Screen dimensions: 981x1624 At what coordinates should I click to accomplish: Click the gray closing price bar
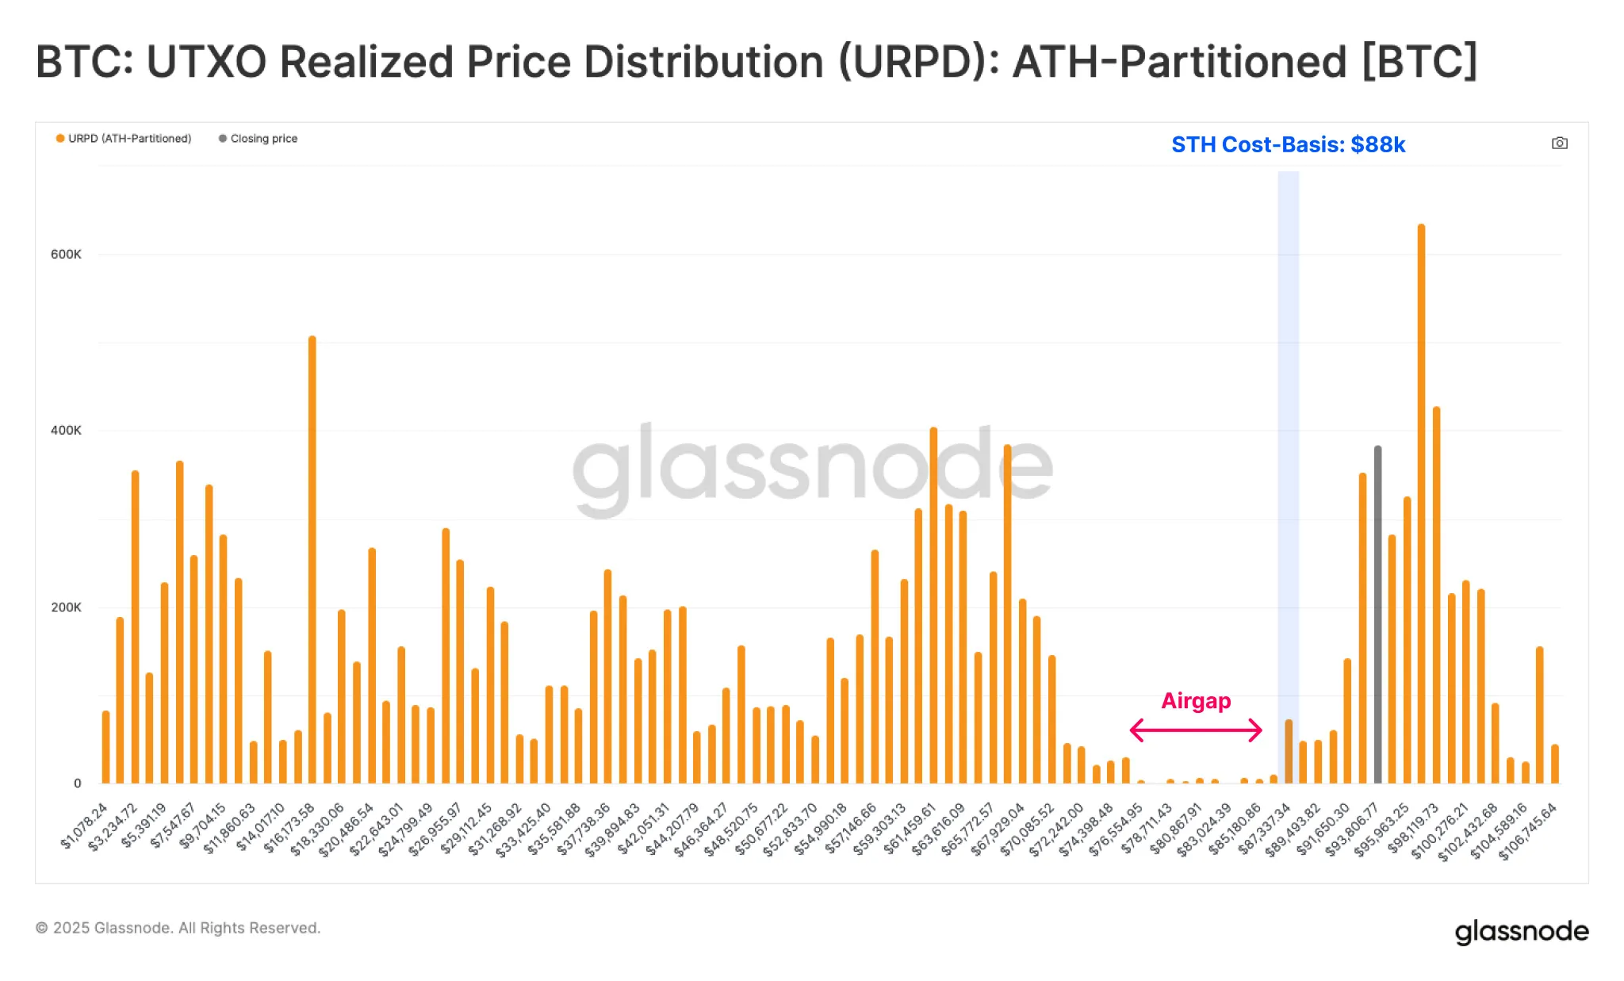[x=1377, y=615]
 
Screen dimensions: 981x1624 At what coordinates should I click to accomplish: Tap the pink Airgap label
[x=1196, y=701]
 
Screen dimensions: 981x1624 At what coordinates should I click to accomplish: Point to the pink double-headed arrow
[x=1196, y=730]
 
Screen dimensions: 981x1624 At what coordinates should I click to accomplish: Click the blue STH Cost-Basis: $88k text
[x=1288, y=144]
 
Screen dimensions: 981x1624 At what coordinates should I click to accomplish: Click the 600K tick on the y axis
[x=66, y=255]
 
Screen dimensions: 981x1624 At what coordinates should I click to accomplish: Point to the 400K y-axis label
[x=66, y=431]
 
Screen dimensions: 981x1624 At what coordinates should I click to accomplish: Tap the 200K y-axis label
[x=66, y=607]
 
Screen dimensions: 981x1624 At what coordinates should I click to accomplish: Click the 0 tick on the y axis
[x=77, y=784]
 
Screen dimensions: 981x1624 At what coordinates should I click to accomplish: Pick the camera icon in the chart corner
[x=1559, y=144]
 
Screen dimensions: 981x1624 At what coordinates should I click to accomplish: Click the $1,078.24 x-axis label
[x=84, y=826]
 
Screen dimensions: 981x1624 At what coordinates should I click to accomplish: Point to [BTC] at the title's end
[x=1419, y=62]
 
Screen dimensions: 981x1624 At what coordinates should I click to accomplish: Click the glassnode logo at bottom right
[x=1521, y=931]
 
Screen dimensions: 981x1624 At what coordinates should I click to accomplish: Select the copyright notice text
[x=178, y=928]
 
